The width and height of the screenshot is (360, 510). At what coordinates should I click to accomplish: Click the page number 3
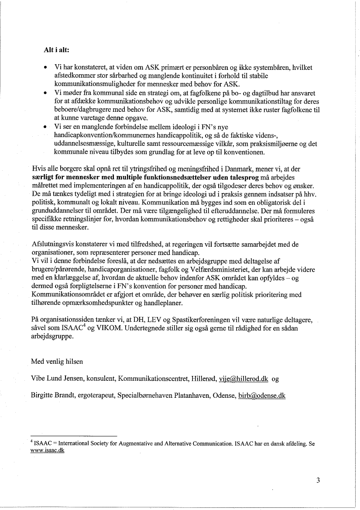(x=318, y=481)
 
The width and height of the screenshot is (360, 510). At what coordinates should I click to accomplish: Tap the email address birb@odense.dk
(x=262, y=396)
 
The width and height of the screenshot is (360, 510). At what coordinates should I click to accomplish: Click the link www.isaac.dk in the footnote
(x=48, y=451)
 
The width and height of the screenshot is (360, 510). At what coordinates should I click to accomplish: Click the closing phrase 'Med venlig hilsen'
(x=57, y=362)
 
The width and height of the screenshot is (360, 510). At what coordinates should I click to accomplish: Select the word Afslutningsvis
(x=50, y=245)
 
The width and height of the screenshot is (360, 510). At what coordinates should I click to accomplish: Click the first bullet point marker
(x=45, y=68)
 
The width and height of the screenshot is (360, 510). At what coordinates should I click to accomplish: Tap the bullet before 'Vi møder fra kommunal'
(x=45, y=94)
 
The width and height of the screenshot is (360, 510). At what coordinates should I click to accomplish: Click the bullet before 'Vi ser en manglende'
(x=45, y=127)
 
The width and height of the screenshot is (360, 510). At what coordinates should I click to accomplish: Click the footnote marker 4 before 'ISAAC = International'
(x=32, y=442)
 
